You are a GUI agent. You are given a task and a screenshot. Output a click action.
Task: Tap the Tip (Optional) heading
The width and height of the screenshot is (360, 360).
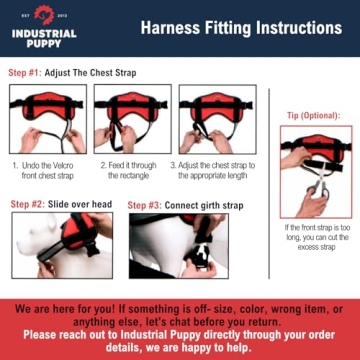click(314, 114)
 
